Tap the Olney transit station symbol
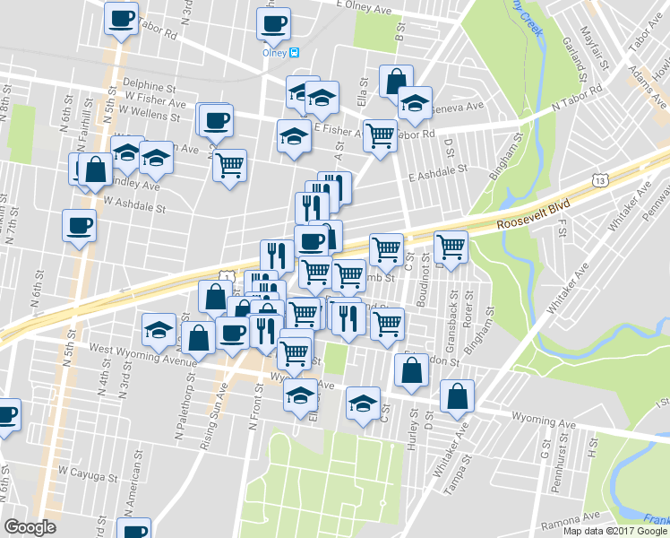(x=293, y=52)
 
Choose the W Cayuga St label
(x=88, y=469)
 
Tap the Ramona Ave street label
(x=569, y=517)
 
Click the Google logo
(x=30, y=527)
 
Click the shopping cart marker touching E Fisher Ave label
(x=381, y=136)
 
